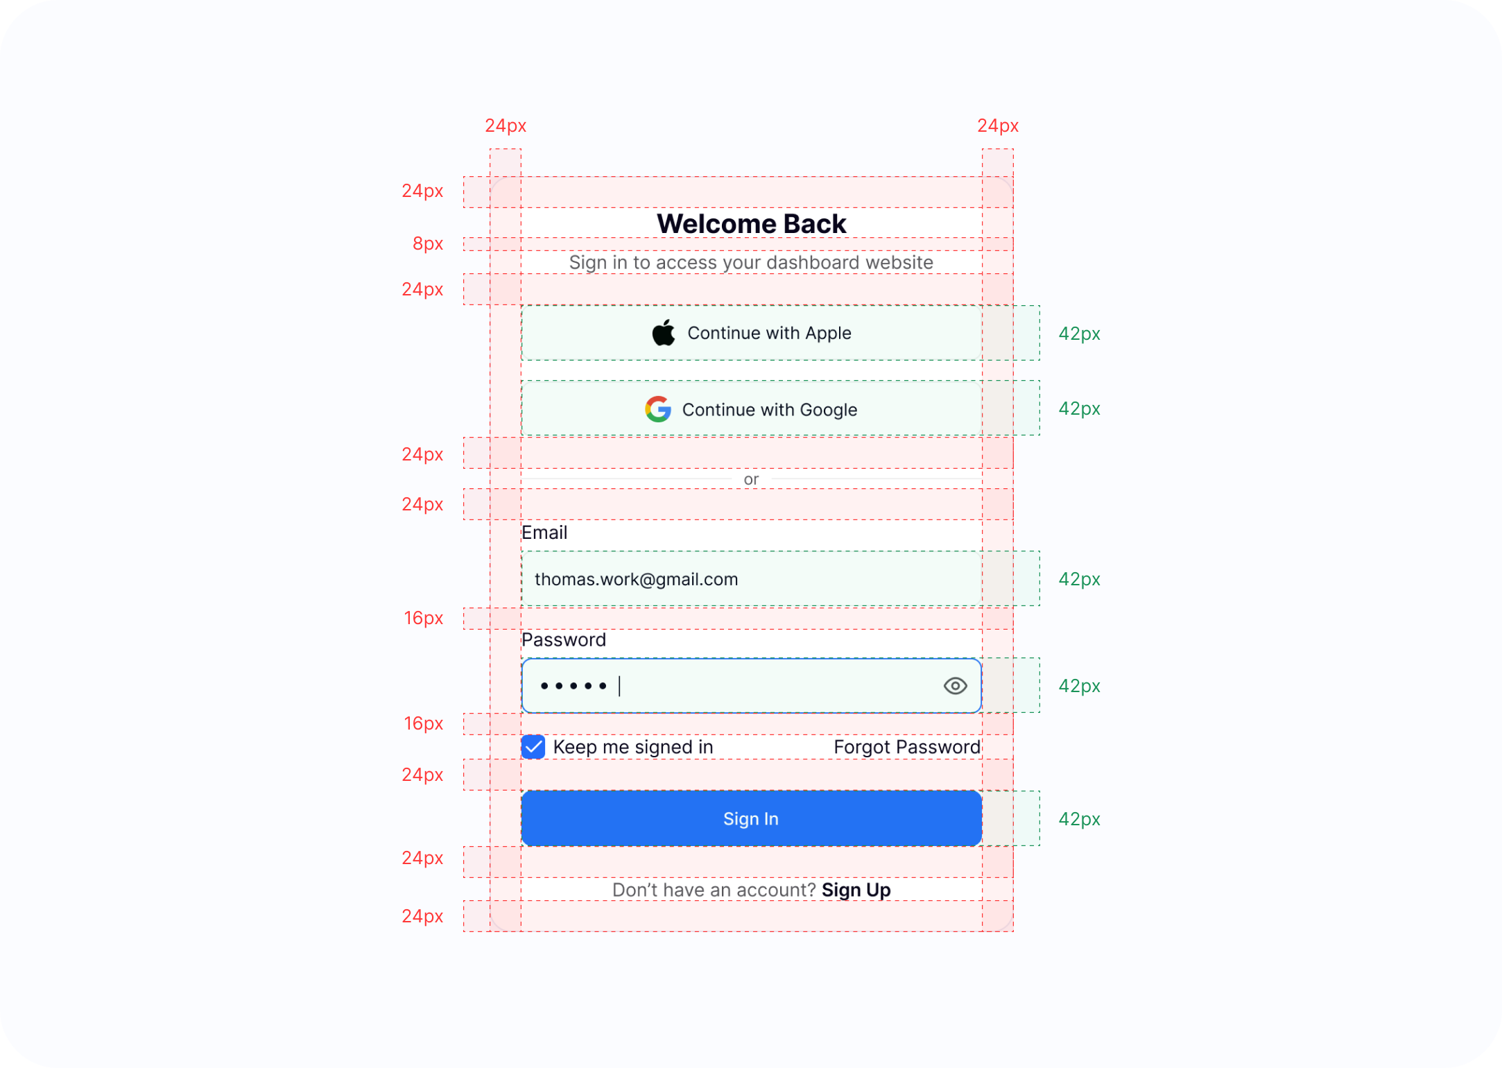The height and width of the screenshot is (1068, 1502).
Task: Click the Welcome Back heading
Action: (751, 224)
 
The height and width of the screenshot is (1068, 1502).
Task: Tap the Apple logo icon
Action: (664, 333)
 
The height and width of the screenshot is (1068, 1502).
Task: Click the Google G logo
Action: (658, 409)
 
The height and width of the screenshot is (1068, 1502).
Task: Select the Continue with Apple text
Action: (769, 333)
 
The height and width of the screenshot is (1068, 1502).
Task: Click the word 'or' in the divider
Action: (751, 479)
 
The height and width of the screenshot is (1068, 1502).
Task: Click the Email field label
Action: (544, 533)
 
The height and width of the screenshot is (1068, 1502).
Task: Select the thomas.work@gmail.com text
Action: (636, 579)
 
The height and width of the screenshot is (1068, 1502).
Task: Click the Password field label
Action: (564, 639)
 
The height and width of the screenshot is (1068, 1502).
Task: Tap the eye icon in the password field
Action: (955, 686)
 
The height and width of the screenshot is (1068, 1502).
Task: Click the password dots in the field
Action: (573, 686)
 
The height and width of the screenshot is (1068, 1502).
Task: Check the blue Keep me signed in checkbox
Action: (533, 747)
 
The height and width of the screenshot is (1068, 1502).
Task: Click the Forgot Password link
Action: (906, 747)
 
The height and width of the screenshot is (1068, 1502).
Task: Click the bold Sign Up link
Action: (856, 890)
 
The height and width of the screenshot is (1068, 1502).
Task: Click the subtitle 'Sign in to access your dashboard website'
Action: (751, 263)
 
